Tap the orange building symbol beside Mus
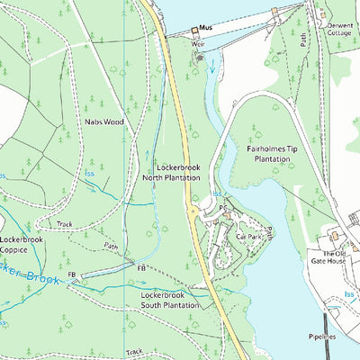point(194,31)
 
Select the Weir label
point(199,43)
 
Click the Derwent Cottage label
point(341,30)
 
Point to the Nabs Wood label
point(104,120)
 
